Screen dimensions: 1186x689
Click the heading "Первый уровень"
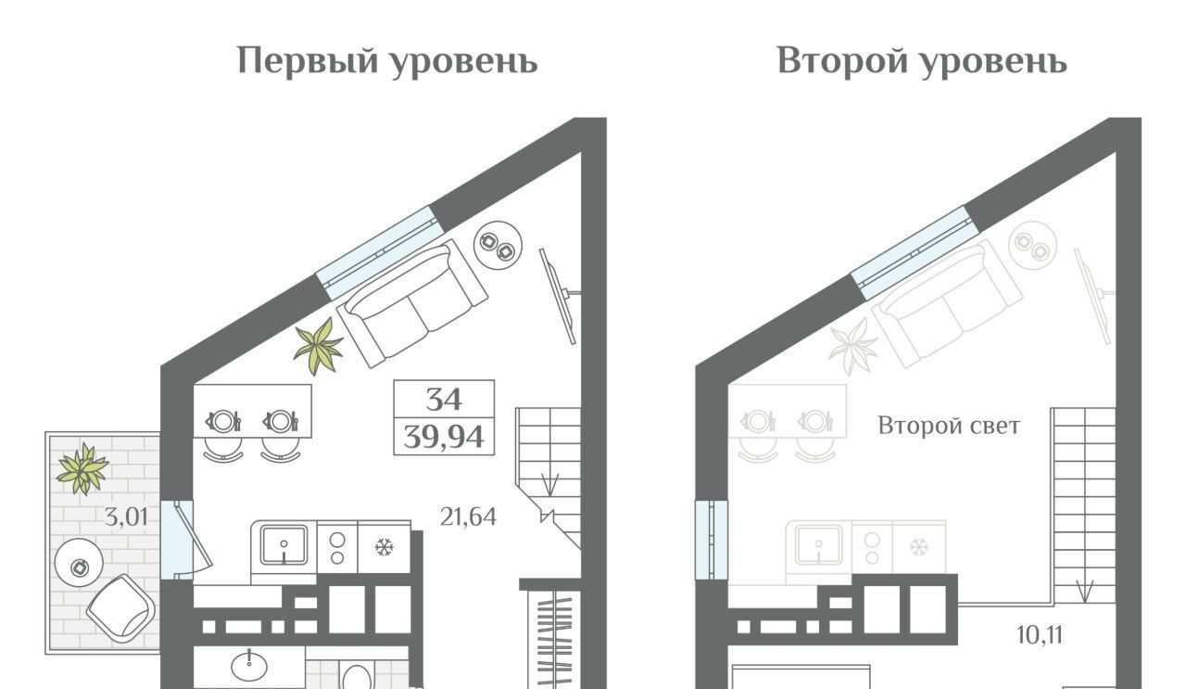387,61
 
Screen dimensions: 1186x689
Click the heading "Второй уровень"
922,61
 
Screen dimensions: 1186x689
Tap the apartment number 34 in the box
444,400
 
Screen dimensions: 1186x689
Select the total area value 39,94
444,438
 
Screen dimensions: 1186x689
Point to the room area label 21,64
468,517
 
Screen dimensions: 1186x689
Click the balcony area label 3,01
125,517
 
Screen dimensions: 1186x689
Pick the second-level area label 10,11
1040,634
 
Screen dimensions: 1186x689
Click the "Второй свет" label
949,426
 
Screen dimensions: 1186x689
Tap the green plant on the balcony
82,469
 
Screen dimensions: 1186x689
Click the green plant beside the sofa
319,346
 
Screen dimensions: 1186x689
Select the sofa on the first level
412,303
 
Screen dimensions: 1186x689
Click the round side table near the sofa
498,245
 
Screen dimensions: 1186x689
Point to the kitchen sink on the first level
284,545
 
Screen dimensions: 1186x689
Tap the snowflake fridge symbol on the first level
384,547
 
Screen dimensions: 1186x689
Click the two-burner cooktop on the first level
337,548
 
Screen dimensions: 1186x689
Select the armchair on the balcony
121,608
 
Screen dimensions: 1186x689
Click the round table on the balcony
79,562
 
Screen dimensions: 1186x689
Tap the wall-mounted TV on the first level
559,296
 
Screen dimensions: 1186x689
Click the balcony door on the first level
186,539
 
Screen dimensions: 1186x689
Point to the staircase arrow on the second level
1084,592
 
